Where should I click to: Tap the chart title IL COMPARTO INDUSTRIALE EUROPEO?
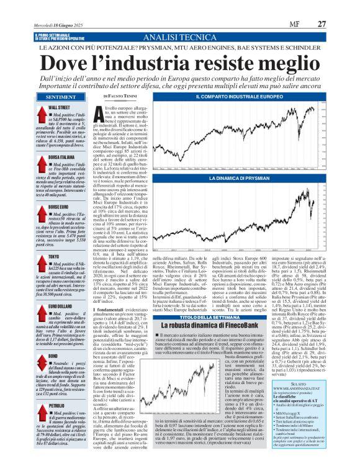tap(258, 97)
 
